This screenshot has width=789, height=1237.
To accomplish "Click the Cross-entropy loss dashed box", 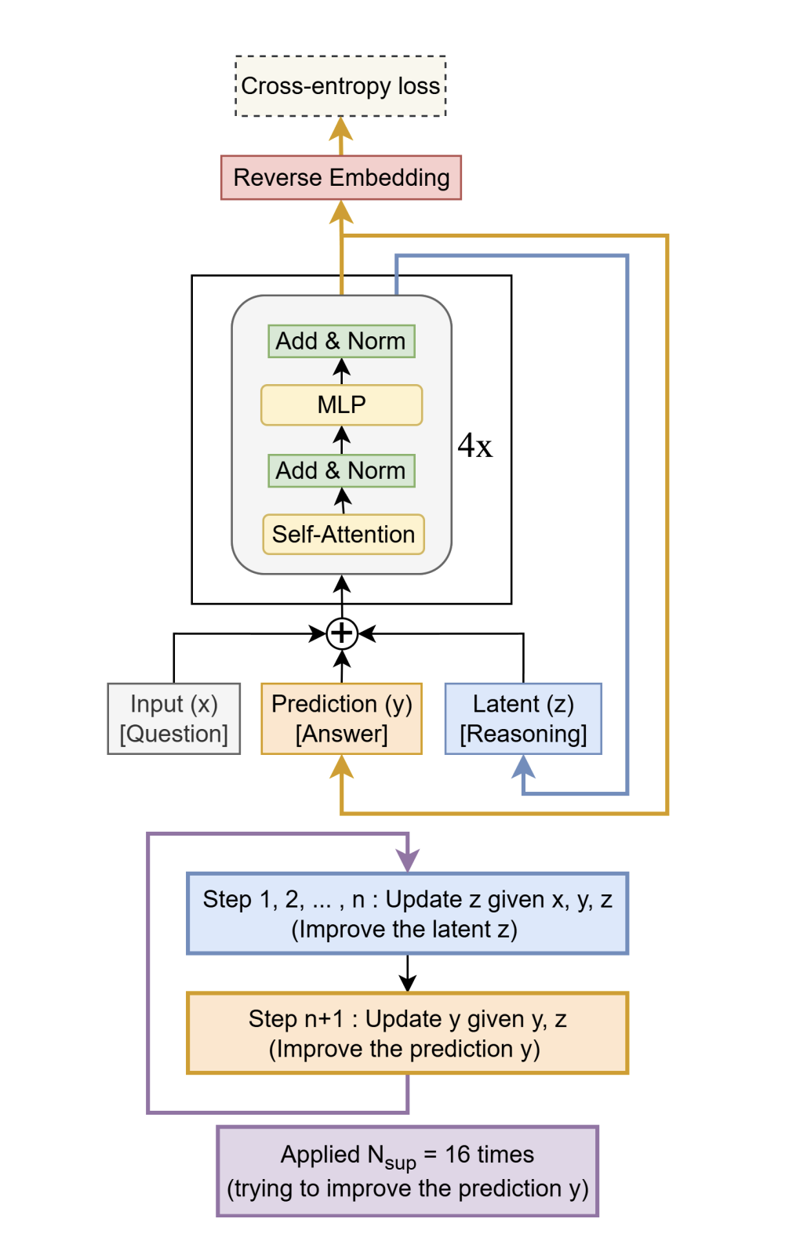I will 340,86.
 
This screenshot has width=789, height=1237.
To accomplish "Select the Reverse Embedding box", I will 341,178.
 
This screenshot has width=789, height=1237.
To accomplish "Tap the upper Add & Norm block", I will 341,341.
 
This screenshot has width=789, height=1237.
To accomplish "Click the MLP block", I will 341,404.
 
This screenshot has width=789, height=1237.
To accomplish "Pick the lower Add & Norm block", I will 341,470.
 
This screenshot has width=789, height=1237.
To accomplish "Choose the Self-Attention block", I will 344,534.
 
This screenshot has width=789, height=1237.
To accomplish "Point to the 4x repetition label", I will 475,446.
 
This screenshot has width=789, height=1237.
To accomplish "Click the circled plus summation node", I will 342,633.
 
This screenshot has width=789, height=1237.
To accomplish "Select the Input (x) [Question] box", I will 174,719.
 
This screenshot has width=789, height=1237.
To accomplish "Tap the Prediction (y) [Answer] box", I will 341,719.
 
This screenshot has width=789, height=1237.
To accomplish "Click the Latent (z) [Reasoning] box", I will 523,719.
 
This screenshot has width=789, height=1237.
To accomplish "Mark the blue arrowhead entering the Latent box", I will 523,766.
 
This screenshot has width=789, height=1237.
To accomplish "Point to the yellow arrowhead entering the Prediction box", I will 341,766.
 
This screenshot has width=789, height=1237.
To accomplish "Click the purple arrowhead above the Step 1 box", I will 408,861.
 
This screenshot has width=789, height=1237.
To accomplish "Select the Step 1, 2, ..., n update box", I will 407,913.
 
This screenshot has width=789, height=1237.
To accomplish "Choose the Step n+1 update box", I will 407,1033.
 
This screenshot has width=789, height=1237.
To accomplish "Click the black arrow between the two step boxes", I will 407,974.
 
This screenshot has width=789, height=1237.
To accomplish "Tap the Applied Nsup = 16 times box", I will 407,1171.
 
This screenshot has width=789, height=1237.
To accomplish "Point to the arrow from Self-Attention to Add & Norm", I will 342,500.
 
